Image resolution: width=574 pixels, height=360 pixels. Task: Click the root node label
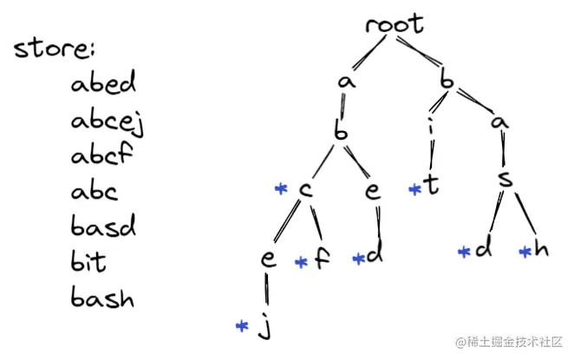click(395, 23)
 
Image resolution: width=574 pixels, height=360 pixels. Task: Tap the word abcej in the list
click(107, 121)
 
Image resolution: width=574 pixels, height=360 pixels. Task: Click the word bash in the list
click(103, 298)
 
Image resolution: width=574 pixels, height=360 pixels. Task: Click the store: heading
click(49, 48)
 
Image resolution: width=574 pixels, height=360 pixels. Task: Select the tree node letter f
click(322, 259)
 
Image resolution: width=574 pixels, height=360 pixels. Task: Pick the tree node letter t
click(432, 186)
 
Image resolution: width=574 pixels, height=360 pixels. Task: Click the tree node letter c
click(306, 189)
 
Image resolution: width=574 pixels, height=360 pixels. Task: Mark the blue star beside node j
click(243, 326)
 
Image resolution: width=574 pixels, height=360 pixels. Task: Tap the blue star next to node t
click(414, 188)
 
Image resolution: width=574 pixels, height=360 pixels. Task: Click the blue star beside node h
click(525, 252)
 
